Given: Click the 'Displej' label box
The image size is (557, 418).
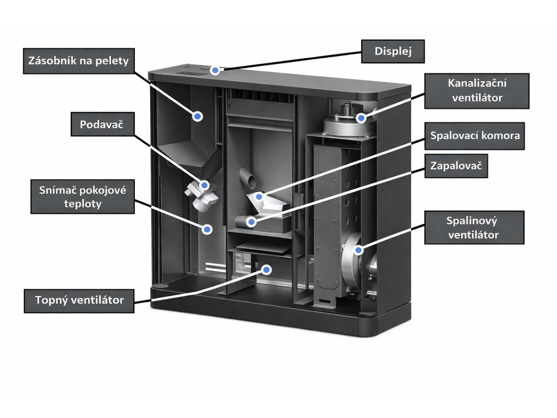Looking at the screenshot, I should tap(393, 52).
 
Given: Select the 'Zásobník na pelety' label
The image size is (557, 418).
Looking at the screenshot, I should tap(79, 60).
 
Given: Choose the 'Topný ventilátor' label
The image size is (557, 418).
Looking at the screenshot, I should tap(79, 300).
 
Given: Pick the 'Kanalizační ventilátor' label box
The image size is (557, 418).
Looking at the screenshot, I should tap(477, 90).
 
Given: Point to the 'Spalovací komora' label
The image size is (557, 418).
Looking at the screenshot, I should tap(475, 135).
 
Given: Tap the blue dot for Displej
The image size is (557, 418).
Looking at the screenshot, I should tap(216, 70).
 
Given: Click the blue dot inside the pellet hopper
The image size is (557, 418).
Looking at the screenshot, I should tap(197, 116).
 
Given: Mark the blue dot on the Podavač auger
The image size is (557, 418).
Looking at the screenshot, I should tap(204, 185).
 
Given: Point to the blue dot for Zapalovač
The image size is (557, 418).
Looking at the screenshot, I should tap(251, 222).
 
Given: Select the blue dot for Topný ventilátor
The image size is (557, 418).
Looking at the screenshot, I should tap(267, 269).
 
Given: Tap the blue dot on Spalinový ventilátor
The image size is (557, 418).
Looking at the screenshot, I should tap(358, 250).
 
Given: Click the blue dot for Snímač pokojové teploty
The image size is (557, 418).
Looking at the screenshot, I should tap(207, 229).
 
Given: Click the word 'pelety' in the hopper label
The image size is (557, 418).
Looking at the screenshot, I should tap(112, 60).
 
